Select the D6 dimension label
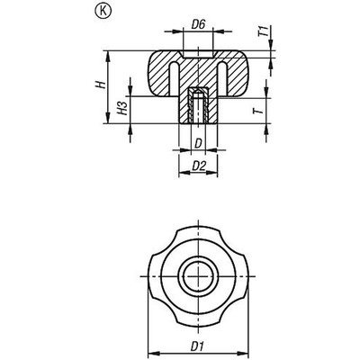point(197,37)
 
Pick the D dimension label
point(197,142)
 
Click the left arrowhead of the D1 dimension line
point(149,351)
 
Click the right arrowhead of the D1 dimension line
point(246,351)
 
